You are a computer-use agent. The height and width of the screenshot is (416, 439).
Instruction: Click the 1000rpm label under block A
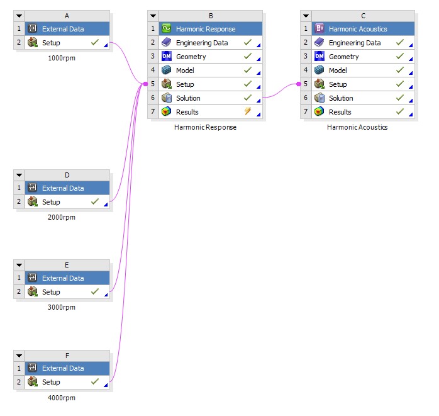[62, 57]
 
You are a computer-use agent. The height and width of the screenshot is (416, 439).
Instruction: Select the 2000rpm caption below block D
[62, 217]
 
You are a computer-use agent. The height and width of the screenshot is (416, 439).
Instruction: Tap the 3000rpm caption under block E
[62, 307]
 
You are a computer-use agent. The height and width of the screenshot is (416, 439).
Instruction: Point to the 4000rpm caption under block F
[62, 397]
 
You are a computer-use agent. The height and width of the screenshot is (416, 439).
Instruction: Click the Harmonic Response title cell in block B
[206, 29]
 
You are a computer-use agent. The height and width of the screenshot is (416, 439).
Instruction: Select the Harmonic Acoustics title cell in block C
[358, 29]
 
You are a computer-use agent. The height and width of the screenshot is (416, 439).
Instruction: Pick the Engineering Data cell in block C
[354, 43]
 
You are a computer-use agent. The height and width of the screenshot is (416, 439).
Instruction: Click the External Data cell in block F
[62, 368]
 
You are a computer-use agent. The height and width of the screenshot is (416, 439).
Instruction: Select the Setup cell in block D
[51, 202]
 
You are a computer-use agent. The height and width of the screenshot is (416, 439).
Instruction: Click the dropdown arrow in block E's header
[19, 266]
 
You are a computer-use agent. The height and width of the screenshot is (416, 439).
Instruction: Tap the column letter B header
[210, 15]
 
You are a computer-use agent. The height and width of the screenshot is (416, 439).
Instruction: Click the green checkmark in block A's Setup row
[94, 43]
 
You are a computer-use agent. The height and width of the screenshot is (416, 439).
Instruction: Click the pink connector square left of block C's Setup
[299, 84]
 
